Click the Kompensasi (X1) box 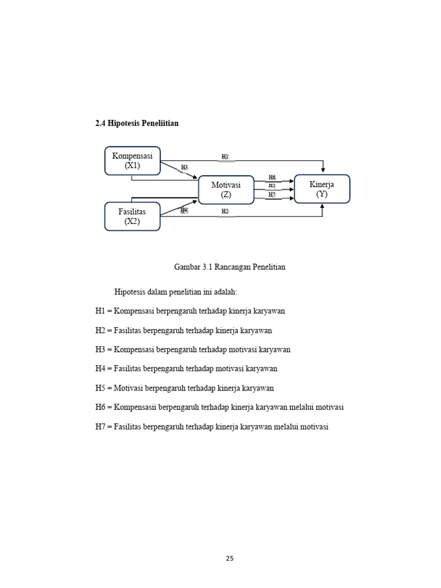(132, 161)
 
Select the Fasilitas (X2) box (132, 216)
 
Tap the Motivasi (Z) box (226, 189)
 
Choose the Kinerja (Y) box (322, 189)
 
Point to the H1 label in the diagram (226, 156)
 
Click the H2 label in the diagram (226, 212)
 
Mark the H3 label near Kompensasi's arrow (184, 167)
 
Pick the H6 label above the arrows (272, 178)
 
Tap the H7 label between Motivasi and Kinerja (272, 195)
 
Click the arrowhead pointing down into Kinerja (323, 170)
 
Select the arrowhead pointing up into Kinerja (322, 207)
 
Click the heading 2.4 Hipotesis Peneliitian (137, 123)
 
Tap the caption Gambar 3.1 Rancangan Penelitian (230, 267)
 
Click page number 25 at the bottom (230, 558)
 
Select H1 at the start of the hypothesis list (100, 311)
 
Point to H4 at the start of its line (100, 369)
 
